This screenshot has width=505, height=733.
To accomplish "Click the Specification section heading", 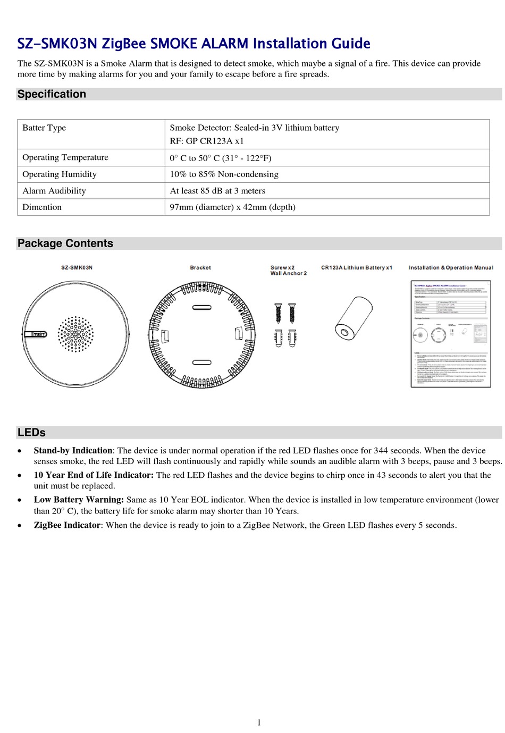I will [52, 94].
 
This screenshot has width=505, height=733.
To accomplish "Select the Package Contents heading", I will [65, 243].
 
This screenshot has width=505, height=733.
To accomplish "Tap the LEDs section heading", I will [31, 433].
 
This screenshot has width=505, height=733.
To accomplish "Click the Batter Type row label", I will [44, 128].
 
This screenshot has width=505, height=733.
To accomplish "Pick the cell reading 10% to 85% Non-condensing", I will [224, 174].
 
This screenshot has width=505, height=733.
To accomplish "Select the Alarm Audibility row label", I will [54, 191].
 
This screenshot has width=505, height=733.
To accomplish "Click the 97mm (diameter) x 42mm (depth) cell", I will [232, 207].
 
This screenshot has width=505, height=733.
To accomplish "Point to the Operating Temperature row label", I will [65, 157].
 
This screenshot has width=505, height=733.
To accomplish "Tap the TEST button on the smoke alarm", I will [36, 334].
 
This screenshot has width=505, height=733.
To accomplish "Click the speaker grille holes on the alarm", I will [75, 334].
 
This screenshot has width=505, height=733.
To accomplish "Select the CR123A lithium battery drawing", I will [353, 319].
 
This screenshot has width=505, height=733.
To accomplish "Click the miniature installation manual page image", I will [450, 334].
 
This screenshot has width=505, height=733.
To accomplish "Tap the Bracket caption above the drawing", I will [200, 268].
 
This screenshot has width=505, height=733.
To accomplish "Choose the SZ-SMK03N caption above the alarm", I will [77, 267].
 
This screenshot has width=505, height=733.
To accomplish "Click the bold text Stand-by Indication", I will [73, 451].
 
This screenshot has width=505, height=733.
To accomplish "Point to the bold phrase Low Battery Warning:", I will [79, 500].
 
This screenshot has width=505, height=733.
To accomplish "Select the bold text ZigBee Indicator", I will [67, 525].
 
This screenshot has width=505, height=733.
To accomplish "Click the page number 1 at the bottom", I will [259, 722].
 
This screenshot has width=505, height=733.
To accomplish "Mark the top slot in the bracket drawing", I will [200, 307].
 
